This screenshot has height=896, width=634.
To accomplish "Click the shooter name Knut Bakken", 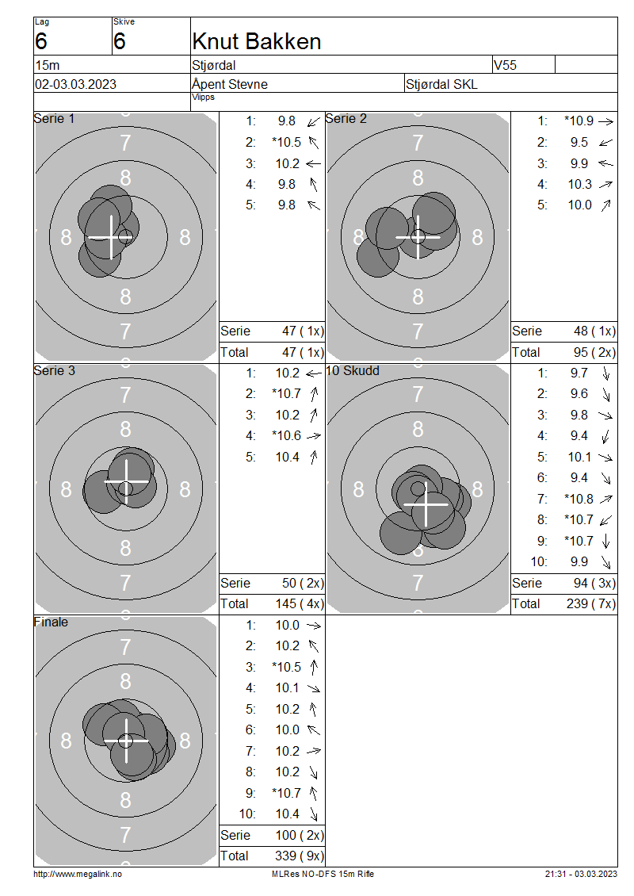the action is tap(257, 42).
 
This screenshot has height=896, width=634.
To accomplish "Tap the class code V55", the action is tap(505, 65).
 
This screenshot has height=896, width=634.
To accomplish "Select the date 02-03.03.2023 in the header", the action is tap(75, 85).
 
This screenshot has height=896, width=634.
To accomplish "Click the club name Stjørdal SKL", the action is tap(441, 85).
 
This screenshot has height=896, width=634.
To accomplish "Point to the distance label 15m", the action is tap(48, 65).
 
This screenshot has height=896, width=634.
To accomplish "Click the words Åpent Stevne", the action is tap(230, 84).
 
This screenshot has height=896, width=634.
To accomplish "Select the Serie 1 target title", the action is tap(54, 118).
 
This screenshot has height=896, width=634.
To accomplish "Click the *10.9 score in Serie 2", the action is tap(579, 121).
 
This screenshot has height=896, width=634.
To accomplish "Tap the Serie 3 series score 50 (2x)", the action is tap(303, 583).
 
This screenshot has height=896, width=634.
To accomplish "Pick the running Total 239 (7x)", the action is tap(591, 603).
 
